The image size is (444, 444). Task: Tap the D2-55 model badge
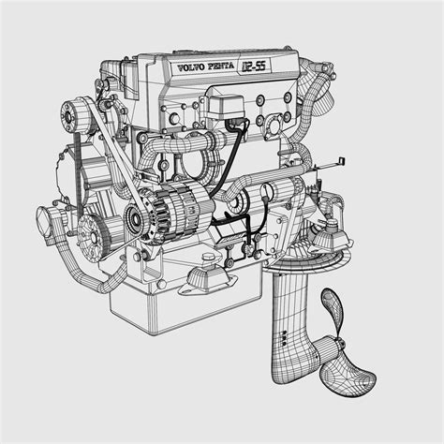[x=255, y=66]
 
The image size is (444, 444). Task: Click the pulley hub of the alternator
[x=135, y=222]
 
